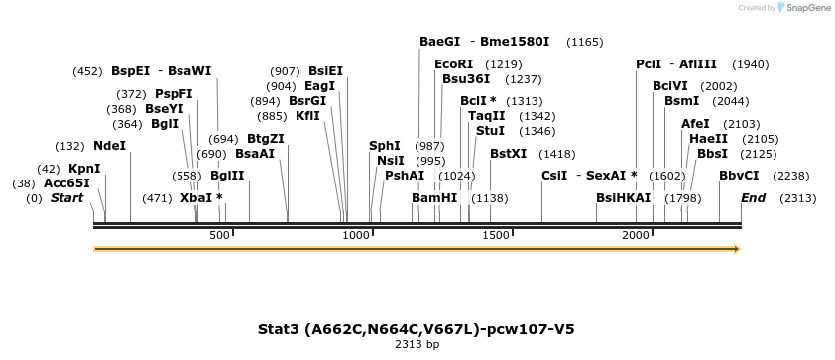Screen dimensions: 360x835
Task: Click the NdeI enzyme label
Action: (x=109, y=146)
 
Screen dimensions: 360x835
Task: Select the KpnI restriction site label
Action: (x=84, y=169)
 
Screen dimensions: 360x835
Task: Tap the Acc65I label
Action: (x=66, y=183)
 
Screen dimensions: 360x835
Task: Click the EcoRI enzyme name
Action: (x=454, y=64)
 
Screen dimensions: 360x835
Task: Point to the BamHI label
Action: (x=434, y=198)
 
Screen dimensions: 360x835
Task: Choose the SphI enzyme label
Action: (x=385, y=146)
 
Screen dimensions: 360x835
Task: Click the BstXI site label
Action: (x=508, y=154)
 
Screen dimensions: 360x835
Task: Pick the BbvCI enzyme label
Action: (x=739, y=176)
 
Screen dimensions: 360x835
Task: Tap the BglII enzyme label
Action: (x=227, y=176)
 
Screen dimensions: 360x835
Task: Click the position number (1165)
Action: (x=584, y=43)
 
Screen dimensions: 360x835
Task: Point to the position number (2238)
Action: (x=797, y=176)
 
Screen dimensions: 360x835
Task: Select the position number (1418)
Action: (x=556, y=154)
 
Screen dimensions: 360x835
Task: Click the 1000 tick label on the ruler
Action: (x=355, y=235)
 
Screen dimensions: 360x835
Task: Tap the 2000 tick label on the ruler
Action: (x=636, y=235)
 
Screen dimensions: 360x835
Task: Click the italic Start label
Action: (x=66, y=198)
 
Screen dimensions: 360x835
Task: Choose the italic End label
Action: (x=753, y=198)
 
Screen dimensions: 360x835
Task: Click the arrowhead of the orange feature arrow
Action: (x=736, y=249)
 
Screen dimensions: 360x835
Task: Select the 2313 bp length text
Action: (x=417, y=345)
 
